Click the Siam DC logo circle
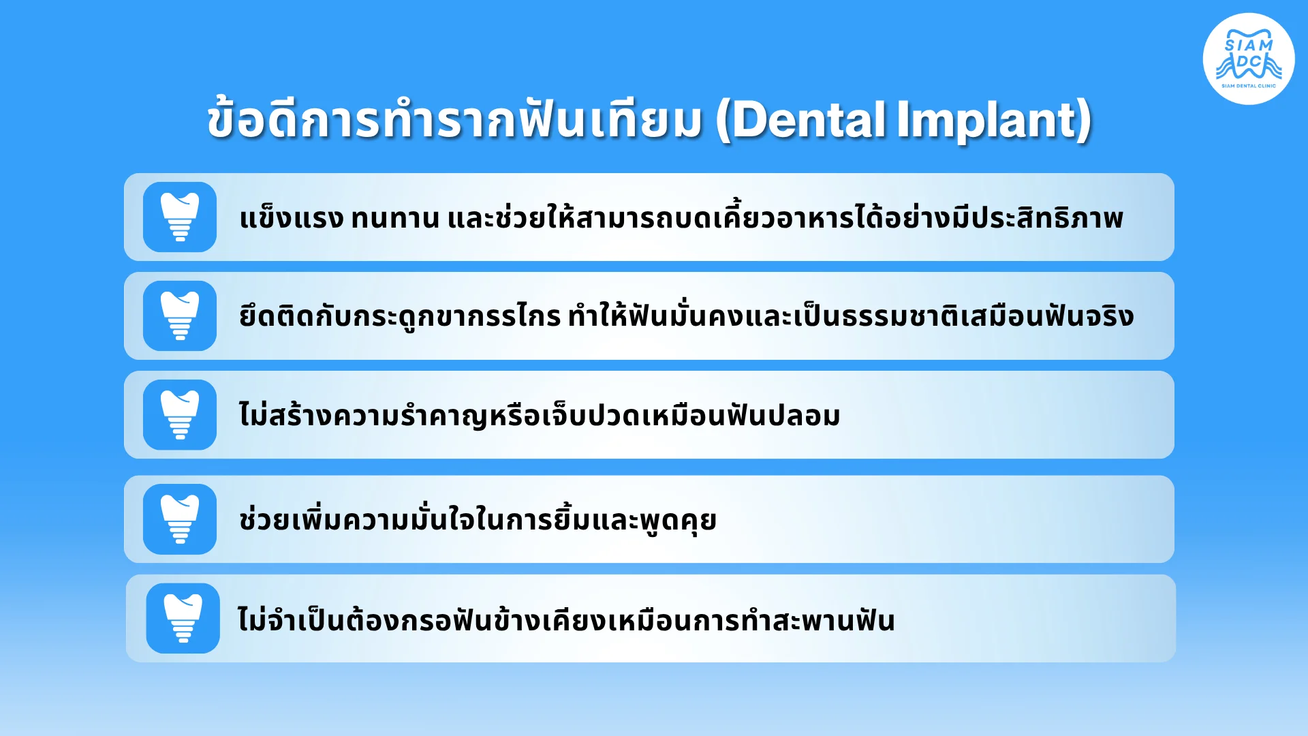1249,59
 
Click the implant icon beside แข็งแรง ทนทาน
180,217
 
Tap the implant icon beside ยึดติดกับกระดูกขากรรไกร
180,316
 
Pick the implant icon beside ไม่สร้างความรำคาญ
180,414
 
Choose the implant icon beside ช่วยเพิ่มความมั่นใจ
180,519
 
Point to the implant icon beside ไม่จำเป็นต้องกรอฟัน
183,618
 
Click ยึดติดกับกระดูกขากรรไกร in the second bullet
400,316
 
